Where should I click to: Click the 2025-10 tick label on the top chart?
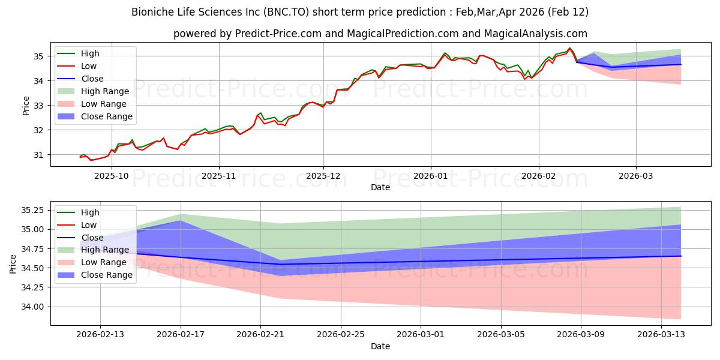coord(112,175)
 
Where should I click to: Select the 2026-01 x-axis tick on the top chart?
coord(430,175)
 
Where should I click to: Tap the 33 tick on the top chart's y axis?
coord(38,106)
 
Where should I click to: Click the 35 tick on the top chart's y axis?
coord(38,56)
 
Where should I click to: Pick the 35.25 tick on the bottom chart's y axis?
coord(32,210)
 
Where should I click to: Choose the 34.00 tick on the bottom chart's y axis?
coord(32,307)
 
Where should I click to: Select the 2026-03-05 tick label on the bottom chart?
coord(501,334)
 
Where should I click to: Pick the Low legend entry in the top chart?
coord(89,66)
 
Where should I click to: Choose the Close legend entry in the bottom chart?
coord(92,238)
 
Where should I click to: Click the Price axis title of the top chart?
coord(26,105)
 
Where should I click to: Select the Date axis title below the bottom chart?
coord(380,346)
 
